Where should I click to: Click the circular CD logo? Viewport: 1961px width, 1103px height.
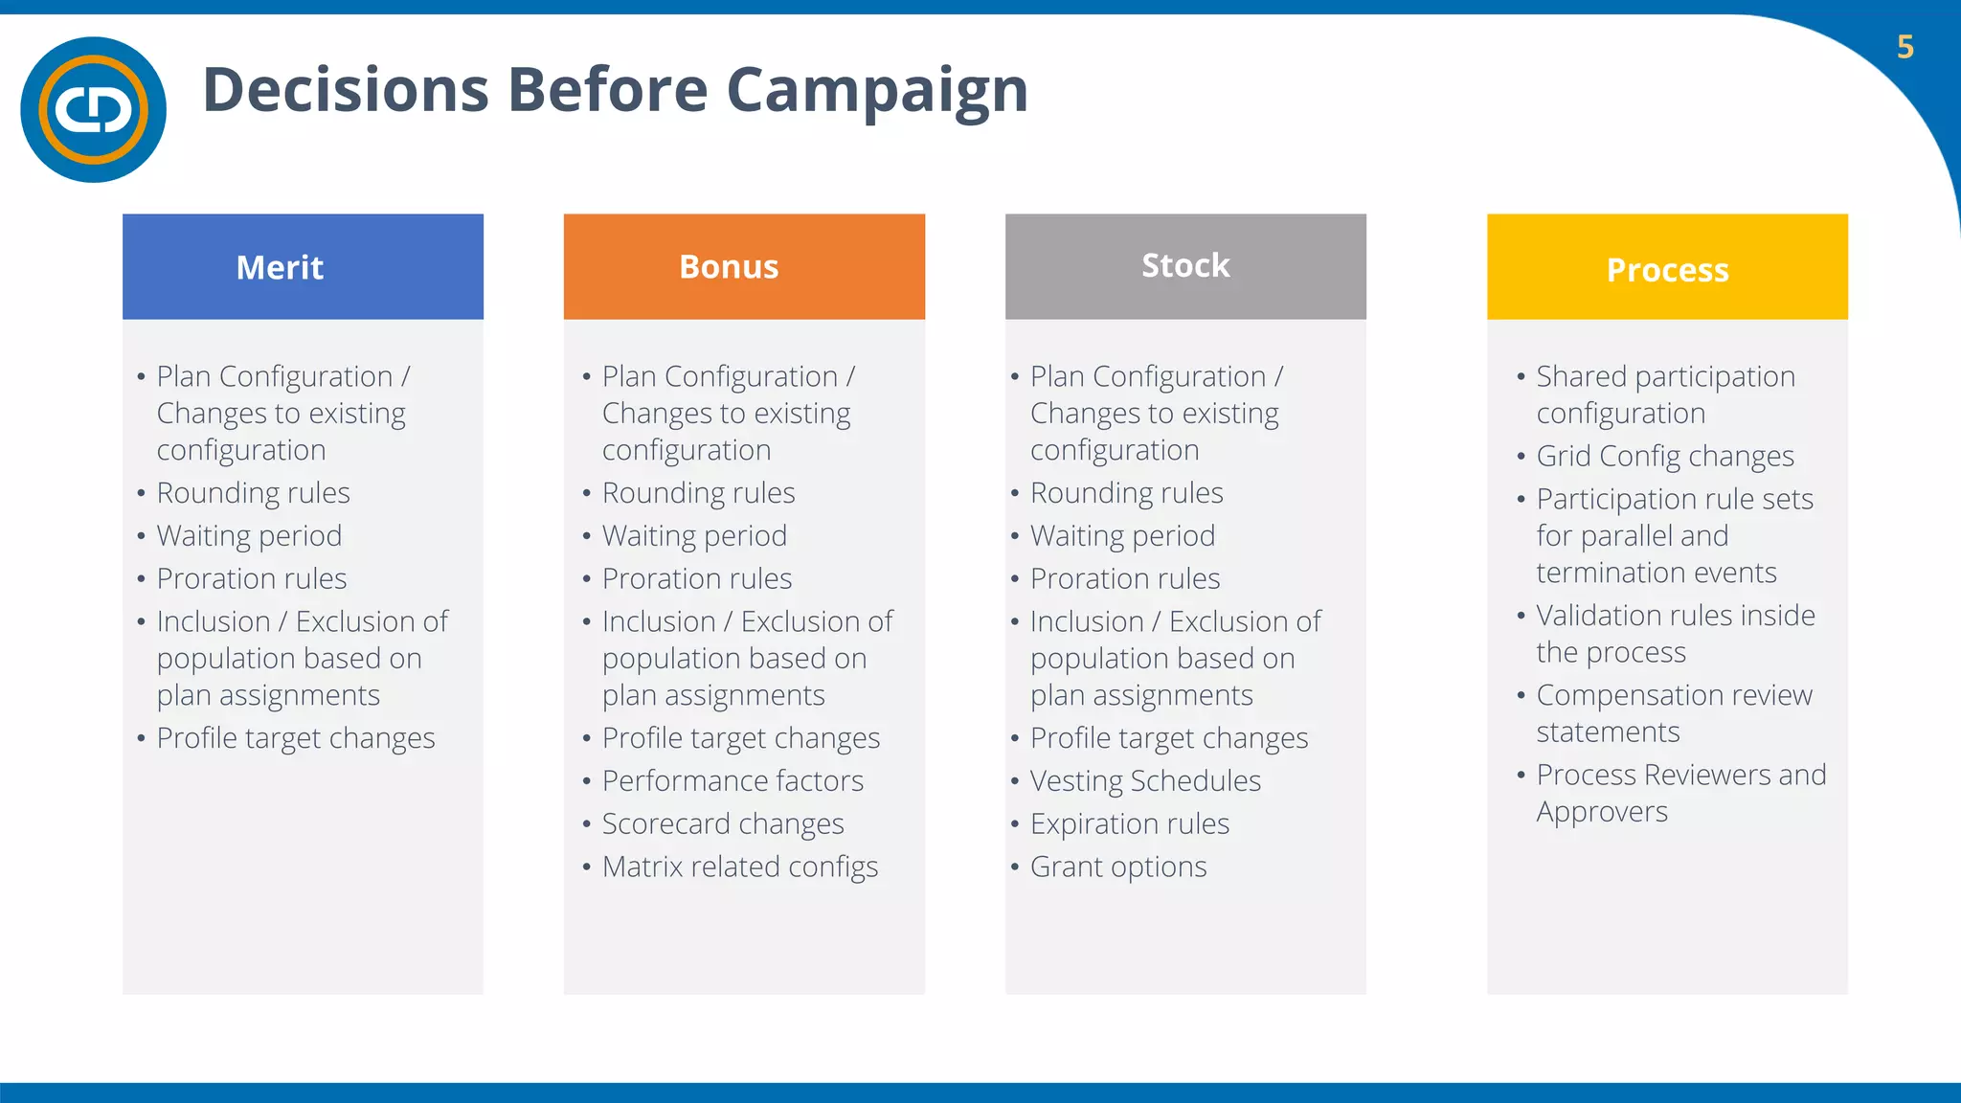[x=93, y=109]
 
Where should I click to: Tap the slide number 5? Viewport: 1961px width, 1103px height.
[x=1905, y=47]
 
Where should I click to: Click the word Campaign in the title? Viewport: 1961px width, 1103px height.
[x=877, y=90]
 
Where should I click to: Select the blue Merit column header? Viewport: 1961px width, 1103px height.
[x=303, y=266]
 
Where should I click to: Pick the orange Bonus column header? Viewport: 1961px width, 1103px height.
[x=743, y=266]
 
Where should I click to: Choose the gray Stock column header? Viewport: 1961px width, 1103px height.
[x=1184, y=266]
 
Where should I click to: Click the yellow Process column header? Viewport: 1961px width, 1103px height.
[x=1666, y=268]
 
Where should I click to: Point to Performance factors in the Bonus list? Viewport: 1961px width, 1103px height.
[x=733, y=781]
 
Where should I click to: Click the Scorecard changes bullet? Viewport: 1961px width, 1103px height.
[x=723, y=824]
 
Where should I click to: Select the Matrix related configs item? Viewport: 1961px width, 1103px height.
[x=739, y=867]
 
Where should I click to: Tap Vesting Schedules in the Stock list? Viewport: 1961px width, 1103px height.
[x=1145, y=781]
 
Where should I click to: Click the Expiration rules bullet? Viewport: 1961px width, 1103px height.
[x=1129, y=824]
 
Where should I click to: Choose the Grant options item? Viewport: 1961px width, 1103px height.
[x=1117, y=867]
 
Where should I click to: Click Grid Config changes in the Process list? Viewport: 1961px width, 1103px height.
[x=1664, y=457]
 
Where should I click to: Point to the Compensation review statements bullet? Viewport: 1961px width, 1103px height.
[x=1673, y=713]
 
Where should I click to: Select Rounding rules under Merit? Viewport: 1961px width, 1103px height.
[x=253, y=493]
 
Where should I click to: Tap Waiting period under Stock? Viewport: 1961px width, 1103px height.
[x=1122, y=536]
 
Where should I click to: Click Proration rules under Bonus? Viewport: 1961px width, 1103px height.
[x=696, y=579]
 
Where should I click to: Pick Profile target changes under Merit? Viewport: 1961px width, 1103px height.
[x=295, y=738]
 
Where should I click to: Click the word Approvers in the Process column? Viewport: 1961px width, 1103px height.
[x=1601, y=812]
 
